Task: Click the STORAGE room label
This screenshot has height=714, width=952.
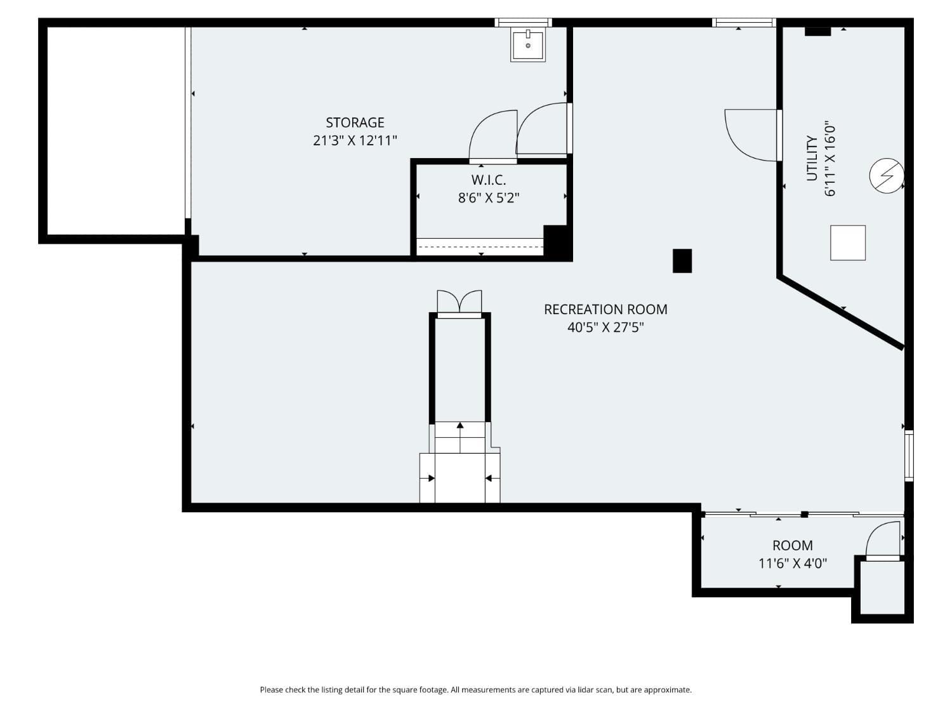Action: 355,122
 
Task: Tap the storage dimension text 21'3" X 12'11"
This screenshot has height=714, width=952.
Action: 355,140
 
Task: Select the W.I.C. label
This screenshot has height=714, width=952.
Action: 488,180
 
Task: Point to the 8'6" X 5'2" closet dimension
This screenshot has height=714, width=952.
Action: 488,198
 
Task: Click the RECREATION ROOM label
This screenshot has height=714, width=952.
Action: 605,310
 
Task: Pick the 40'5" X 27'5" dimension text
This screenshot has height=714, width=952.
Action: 605,327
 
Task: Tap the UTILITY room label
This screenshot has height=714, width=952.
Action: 812,158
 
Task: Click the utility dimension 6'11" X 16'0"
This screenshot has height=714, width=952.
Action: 830,159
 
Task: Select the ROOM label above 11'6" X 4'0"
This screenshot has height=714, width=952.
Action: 792,545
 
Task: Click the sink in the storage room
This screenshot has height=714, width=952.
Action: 528,45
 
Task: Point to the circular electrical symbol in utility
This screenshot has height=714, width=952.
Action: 886,175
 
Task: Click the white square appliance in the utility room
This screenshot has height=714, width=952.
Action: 848,242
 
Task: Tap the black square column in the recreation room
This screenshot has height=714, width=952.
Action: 682,261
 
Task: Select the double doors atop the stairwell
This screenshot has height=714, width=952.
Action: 459,303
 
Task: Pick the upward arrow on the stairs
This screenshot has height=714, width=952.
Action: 460,426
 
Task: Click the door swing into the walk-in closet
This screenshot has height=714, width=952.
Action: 493,135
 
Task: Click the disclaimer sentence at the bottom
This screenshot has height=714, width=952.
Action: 475,690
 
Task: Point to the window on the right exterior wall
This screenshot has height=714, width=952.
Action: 909,455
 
